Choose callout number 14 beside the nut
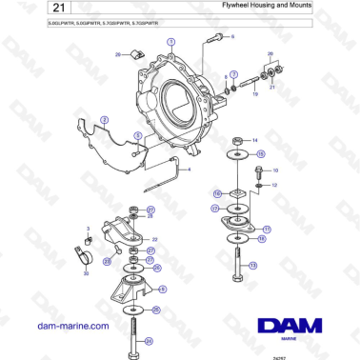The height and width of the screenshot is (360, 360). point(253,141)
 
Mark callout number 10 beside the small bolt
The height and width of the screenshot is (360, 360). point(276,170)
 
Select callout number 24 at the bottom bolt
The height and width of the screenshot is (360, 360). point(157,339)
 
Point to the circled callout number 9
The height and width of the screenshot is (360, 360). point(163,289)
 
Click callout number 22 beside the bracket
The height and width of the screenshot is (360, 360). point(155,239)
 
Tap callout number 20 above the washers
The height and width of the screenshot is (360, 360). point(270,54)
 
